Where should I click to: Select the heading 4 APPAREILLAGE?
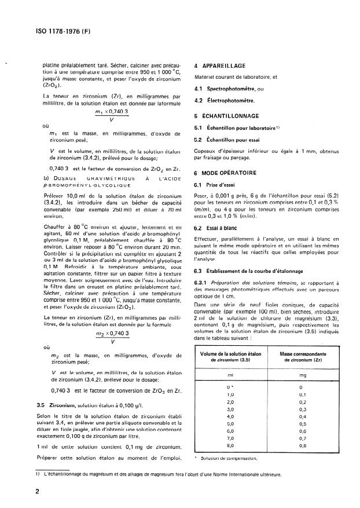point(222,65)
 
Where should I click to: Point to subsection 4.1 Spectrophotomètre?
point(226,88)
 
